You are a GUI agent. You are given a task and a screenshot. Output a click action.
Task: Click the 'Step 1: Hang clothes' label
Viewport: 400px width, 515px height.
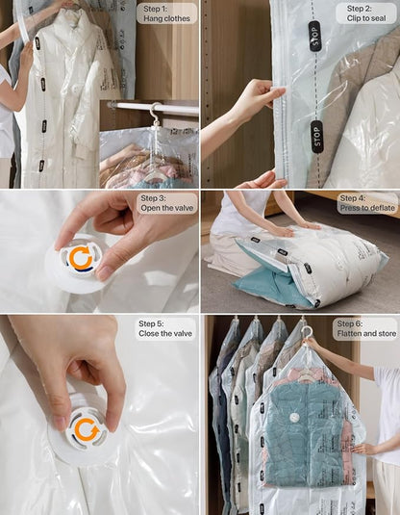pyautogui.click(x=166, y=13)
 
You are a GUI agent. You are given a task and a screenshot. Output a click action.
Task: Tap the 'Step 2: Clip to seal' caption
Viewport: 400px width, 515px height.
pyautogui.click(x=366, y=13)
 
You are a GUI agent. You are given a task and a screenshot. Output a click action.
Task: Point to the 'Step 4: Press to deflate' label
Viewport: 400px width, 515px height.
pyautogui.click(x=362, y=203)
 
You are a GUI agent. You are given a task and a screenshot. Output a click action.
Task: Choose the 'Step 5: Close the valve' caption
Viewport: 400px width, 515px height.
pyautogui.click(x=164, y=329)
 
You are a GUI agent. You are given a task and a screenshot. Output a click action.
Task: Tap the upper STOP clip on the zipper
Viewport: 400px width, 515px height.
pyautogui.click(x=314, y=36)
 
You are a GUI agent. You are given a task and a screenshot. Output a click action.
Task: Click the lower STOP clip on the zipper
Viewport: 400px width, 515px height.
pyautogui.click(x=316, y=136)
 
